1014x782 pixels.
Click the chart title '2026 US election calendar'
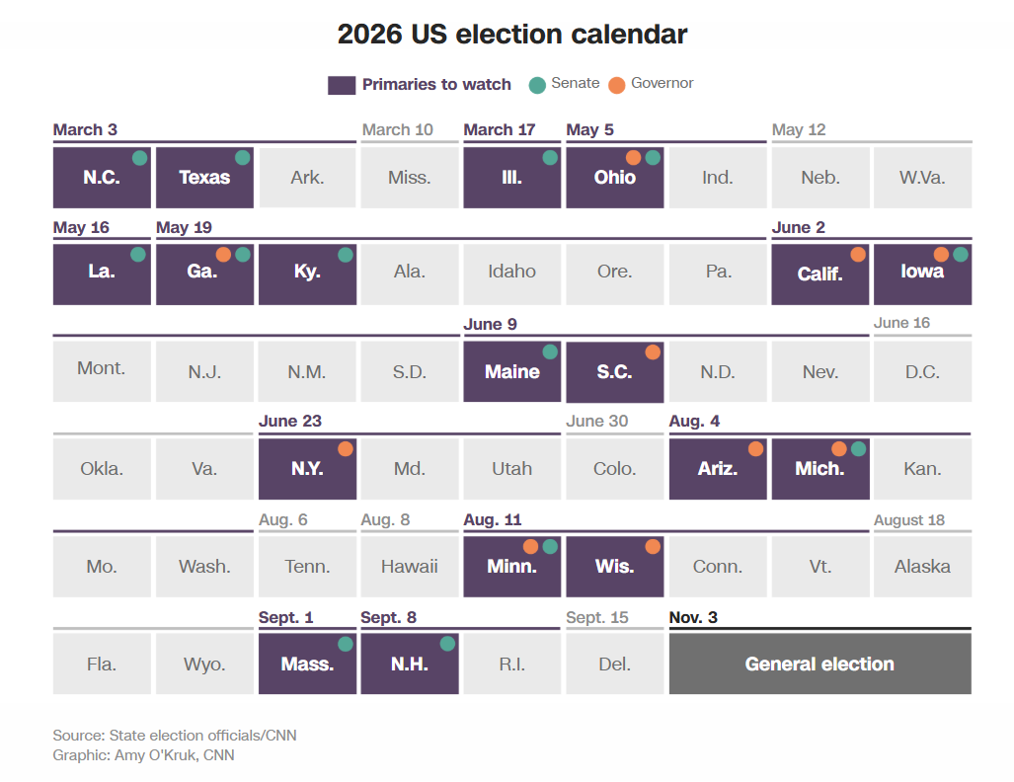(x=511, y=34)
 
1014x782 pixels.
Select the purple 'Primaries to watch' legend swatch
(x=341, y=85)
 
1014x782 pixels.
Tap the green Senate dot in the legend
(x=537, y=84)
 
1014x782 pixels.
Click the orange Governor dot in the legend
(x=617, y=84)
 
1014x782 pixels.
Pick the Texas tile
(x=204, y=178)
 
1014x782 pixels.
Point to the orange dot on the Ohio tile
(x=634, y=157)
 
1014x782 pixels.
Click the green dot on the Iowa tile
(x=961, y=255)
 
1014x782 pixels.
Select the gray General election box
(x=819, y=664)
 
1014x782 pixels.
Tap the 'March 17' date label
(x=500, y=130)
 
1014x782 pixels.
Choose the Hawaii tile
(x=410, y=567)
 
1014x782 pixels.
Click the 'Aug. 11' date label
(x=493, y=520)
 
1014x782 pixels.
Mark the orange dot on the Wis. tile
(x=653, y=547)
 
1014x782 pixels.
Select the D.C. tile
(x=922, y=372)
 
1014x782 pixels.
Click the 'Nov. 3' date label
(x=693, y=617)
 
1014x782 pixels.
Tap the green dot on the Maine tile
(x=550, y=352)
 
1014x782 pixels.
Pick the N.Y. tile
(x=307, y=469)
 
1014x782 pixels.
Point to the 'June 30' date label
(x=596, y=422)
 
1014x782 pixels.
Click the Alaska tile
(x=922, y=567)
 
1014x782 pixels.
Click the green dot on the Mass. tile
(x=345, y=644)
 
